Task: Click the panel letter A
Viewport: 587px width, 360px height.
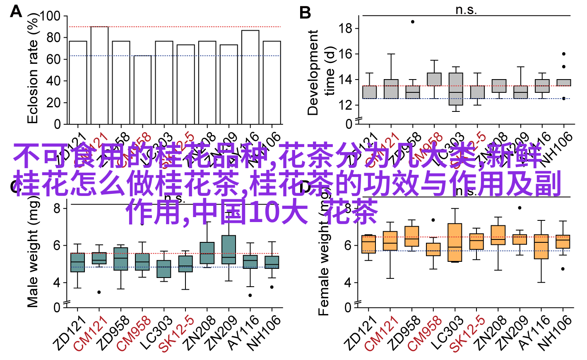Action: (16, 11)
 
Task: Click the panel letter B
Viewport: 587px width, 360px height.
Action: (305, 13)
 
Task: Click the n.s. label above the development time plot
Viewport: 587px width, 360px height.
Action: (466, 10)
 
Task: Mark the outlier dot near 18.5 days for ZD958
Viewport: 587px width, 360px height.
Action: (412, 22)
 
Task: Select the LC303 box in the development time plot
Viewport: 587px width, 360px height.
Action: (455, 89)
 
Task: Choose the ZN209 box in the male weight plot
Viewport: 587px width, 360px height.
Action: (229, 249)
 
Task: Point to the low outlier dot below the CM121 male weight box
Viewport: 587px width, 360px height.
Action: (99, 292)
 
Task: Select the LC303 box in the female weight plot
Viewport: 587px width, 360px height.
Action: (455, 242)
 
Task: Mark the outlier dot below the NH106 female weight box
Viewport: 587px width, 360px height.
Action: (563, 269)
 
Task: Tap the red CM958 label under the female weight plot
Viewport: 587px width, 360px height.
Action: (425, 334)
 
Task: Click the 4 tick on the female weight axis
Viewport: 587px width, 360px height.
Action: (347, 283)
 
